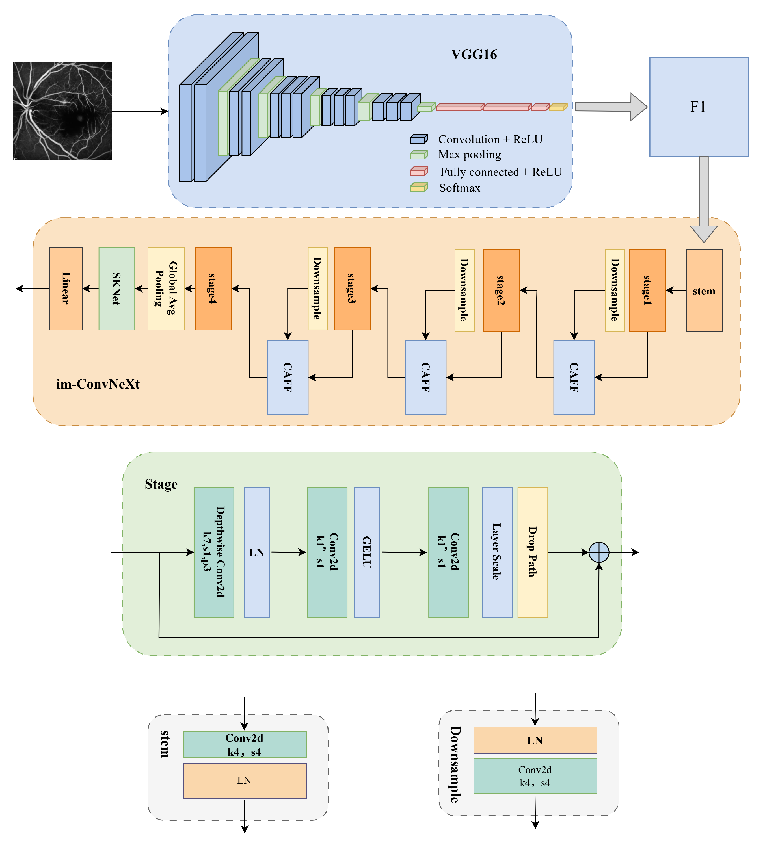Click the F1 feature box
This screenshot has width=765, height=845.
tap(698, 107)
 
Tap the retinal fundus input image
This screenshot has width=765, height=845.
tap(62, 111)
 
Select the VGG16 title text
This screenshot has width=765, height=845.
tap(474, 55)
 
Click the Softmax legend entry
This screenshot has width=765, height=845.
tap(459, 188)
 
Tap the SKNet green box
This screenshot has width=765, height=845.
tap(116, 288)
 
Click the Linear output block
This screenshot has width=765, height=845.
tap(66, 288)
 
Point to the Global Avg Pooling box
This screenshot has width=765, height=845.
tap(166, 288)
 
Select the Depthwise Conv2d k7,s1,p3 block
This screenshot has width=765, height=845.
tap(214, 552)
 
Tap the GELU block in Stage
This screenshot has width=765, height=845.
tap(366, 552)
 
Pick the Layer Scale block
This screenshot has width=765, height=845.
tap(496, 552)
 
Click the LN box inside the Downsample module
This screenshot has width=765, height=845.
tap(535, 740)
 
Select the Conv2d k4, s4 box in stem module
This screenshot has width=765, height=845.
tap(244, 744)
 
